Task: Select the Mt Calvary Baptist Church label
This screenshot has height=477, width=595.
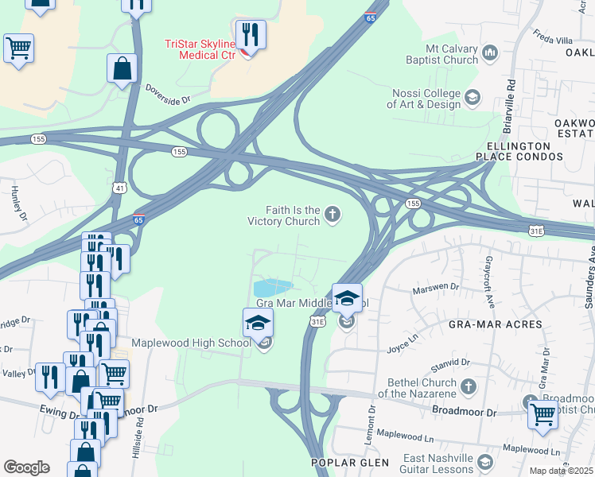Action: pyautogui.click(x=437, y=54)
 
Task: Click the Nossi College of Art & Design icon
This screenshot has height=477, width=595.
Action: pyautogui.click(x=472, y=98)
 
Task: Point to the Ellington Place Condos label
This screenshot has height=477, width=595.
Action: pyautogui.click(x=520, y=152)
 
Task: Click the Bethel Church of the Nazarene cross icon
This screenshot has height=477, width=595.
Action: pyautogui.click(x=469, y=387)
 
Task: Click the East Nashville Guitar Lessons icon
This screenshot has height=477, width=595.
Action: pyautogui.click(x=486, y=461)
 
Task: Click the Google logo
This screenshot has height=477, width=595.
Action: pyautogui.click(x=26, y=467)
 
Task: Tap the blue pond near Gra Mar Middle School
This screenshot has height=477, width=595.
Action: pyautogui.click(x=272, y=287)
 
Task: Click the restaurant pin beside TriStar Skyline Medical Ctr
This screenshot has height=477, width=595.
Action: pyautogui.click(x=251, y=35)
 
